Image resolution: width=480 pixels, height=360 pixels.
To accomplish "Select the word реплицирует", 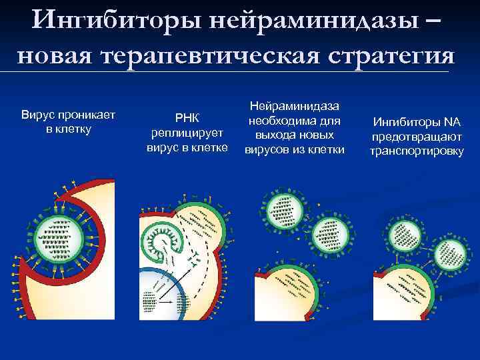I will (x=187, y=132).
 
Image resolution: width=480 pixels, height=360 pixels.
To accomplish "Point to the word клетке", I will (x=212, y=146).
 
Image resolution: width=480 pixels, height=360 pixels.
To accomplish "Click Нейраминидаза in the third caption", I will (x=294, y=107).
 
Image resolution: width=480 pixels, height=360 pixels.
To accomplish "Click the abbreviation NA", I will (x=452, y=123).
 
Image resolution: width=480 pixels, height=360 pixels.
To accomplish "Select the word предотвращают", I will (x=417, y=137).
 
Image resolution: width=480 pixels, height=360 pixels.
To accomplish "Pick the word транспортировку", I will (x=417, y=151).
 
